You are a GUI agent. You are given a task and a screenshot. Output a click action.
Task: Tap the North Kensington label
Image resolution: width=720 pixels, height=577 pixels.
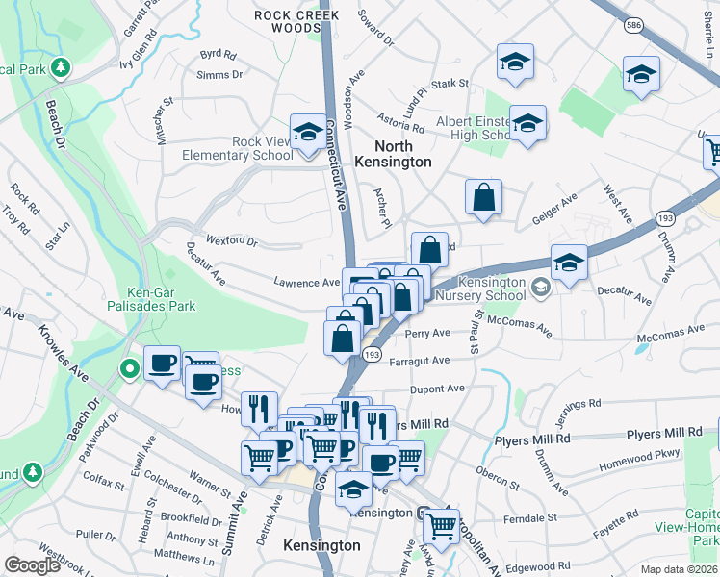(x=393, y=154)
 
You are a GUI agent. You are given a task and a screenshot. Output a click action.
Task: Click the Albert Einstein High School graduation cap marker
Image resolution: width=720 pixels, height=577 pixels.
(x=527, y=124)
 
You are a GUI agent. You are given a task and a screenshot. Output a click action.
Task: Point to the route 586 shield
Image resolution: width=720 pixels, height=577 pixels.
(x=632, y=22)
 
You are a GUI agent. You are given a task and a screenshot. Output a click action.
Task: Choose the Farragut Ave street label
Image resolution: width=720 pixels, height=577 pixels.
(x=421, y=362)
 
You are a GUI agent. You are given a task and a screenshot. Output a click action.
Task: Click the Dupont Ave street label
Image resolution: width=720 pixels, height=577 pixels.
(x=437, y=389)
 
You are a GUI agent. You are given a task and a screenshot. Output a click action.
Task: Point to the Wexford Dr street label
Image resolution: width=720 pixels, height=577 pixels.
(x=232, y=241)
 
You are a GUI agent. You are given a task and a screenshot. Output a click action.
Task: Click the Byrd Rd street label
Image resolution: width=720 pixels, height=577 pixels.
(x=218, y=55)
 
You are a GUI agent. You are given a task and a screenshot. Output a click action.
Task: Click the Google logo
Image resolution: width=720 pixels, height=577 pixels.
(x=32, y=565)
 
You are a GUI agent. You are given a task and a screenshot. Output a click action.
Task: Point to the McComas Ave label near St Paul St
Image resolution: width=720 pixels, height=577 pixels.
(x=521, y=325)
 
